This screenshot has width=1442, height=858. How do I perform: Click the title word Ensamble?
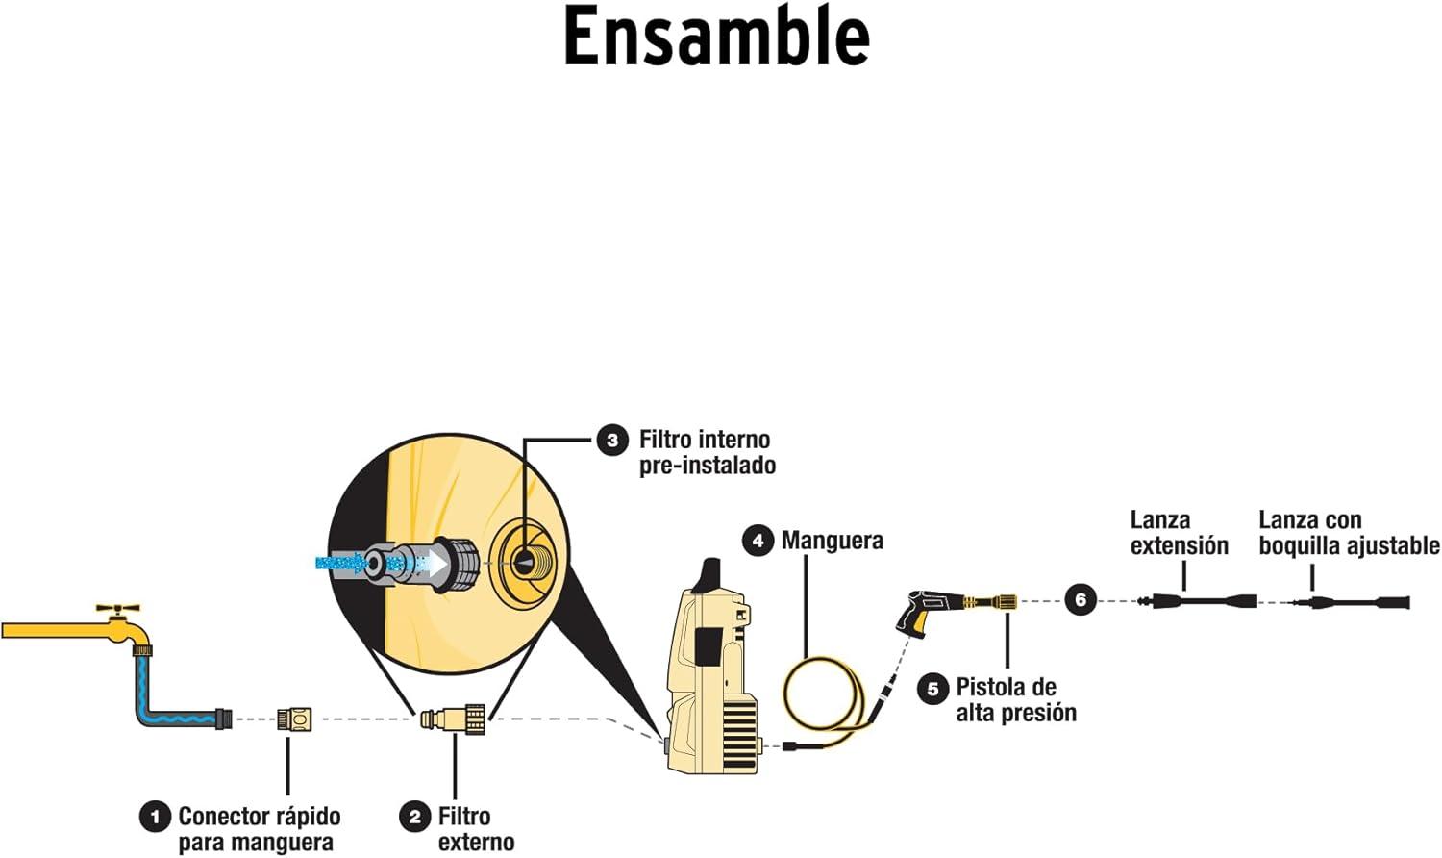point(716,37)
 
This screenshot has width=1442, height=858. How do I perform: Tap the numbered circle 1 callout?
point(155,818)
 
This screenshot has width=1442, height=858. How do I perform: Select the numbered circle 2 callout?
point(414,818)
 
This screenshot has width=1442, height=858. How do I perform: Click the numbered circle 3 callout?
point(611,441)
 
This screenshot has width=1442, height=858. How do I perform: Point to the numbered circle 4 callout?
point(758,541)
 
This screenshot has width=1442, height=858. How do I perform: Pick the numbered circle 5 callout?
point(932,689)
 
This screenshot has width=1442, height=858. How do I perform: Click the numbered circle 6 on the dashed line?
point(1081,600)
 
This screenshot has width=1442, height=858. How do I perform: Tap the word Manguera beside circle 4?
point(832,541)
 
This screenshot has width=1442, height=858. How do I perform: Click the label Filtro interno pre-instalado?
point(706,452)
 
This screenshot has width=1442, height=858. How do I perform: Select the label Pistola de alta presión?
point(1015,700)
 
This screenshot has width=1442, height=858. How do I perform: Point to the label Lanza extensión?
point(1179,533)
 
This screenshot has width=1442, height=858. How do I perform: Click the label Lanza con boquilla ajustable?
point(1349,533)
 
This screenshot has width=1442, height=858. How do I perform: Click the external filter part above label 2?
point(454,718)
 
